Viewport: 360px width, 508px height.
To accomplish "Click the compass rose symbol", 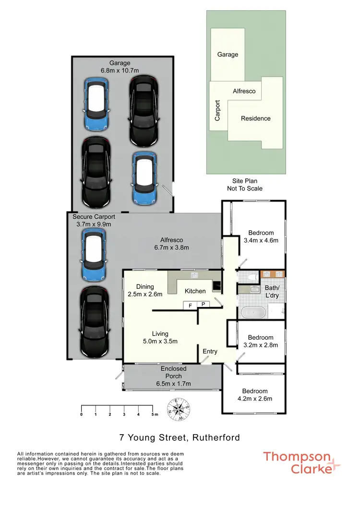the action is (x=179, y=410).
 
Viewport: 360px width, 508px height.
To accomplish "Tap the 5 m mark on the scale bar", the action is (x=153, y=413).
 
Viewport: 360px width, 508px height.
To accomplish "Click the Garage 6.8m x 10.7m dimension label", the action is (x=120, y=67).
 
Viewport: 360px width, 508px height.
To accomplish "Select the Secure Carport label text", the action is (x=94, y=217).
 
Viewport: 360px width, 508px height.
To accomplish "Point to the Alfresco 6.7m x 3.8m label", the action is (x=171, y=244).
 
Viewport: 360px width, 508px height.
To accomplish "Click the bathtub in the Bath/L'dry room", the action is (x=252, y=313).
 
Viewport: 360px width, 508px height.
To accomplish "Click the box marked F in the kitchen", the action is (x=190, y=305).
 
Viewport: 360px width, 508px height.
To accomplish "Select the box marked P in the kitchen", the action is (x=203, y=305).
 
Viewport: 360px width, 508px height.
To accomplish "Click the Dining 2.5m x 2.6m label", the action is (x=145, y=291).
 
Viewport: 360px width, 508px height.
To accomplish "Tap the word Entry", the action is (x=210, y=351).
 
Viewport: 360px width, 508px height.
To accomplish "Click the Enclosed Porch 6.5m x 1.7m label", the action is (x=173, y=376).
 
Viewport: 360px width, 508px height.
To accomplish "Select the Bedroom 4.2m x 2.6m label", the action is (x=254, y=395).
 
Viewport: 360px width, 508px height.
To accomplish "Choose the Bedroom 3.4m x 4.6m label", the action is (x=261, y=237).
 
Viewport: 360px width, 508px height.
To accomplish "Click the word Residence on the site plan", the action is (x=255, y=118).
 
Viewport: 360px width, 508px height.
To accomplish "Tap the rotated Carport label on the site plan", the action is (x=217, y=110).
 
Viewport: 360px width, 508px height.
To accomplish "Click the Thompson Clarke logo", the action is (x=301, y=462).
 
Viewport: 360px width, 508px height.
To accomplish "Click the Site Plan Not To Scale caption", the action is (x=244, y=185).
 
